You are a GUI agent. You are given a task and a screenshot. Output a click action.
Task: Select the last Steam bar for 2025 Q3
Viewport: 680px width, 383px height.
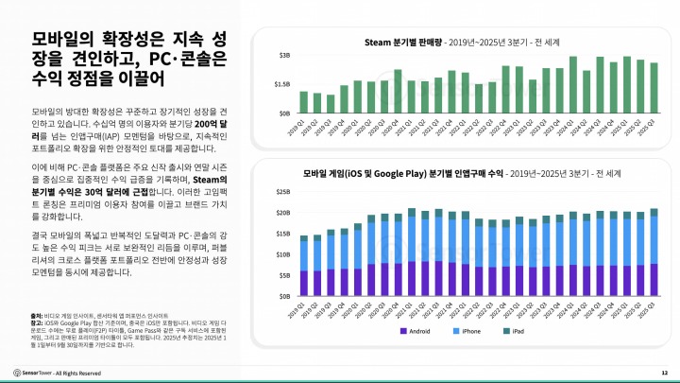pyautogui.click(x=654, y=88)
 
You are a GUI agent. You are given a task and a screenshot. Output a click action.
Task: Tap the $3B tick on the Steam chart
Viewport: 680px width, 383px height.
pyautogui.click(x=283, y=56)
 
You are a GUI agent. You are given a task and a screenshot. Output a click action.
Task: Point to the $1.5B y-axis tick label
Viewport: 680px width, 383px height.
pyautogui.click(x=281, y=84)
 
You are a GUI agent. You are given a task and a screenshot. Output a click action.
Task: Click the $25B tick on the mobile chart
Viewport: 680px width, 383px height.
pyautogui.click(x=283, y=191)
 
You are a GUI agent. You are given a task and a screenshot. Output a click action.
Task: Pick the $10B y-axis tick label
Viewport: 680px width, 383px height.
pyautogui.click(x=283, y=254)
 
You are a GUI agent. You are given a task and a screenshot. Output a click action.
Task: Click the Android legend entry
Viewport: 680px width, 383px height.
pyautogui.click(x=419, y=331)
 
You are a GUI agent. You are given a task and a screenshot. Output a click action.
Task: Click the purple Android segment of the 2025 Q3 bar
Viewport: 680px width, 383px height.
pyautogui.click(x=654, y=280)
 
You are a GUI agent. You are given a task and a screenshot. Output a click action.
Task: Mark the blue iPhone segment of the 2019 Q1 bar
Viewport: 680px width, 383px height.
pyautogui.click(x=303, y=256)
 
